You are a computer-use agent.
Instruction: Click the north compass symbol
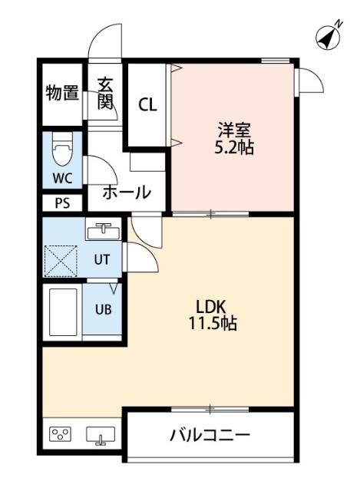pos(329,36)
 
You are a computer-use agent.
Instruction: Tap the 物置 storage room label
pos(62,94)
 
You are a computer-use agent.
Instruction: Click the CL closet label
pos(147,105)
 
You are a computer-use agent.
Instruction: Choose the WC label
pos(62,178)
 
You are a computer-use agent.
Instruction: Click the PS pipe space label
pos(61,203)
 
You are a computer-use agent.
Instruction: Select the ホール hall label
pos(126,193)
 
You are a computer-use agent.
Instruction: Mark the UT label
pos(102,259)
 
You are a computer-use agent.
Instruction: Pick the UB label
pos(102,310)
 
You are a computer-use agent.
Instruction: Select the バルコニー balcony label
pos(209,436)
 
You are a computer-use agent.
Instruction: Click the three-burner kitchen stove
pos(61,435)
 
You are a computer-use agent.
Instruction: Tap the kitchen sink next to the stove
pos(101,435)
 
